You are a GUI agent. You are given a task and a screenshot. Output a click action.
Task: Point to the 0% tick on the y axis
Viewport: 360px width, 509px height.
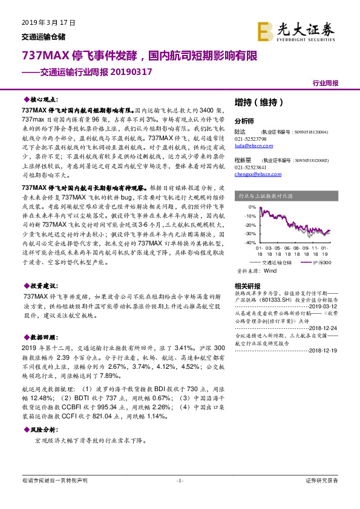pos(252,206)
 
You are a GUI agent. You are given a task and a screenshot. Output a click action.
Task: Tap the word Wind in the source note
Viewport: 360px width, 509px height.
pos(270,271)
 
